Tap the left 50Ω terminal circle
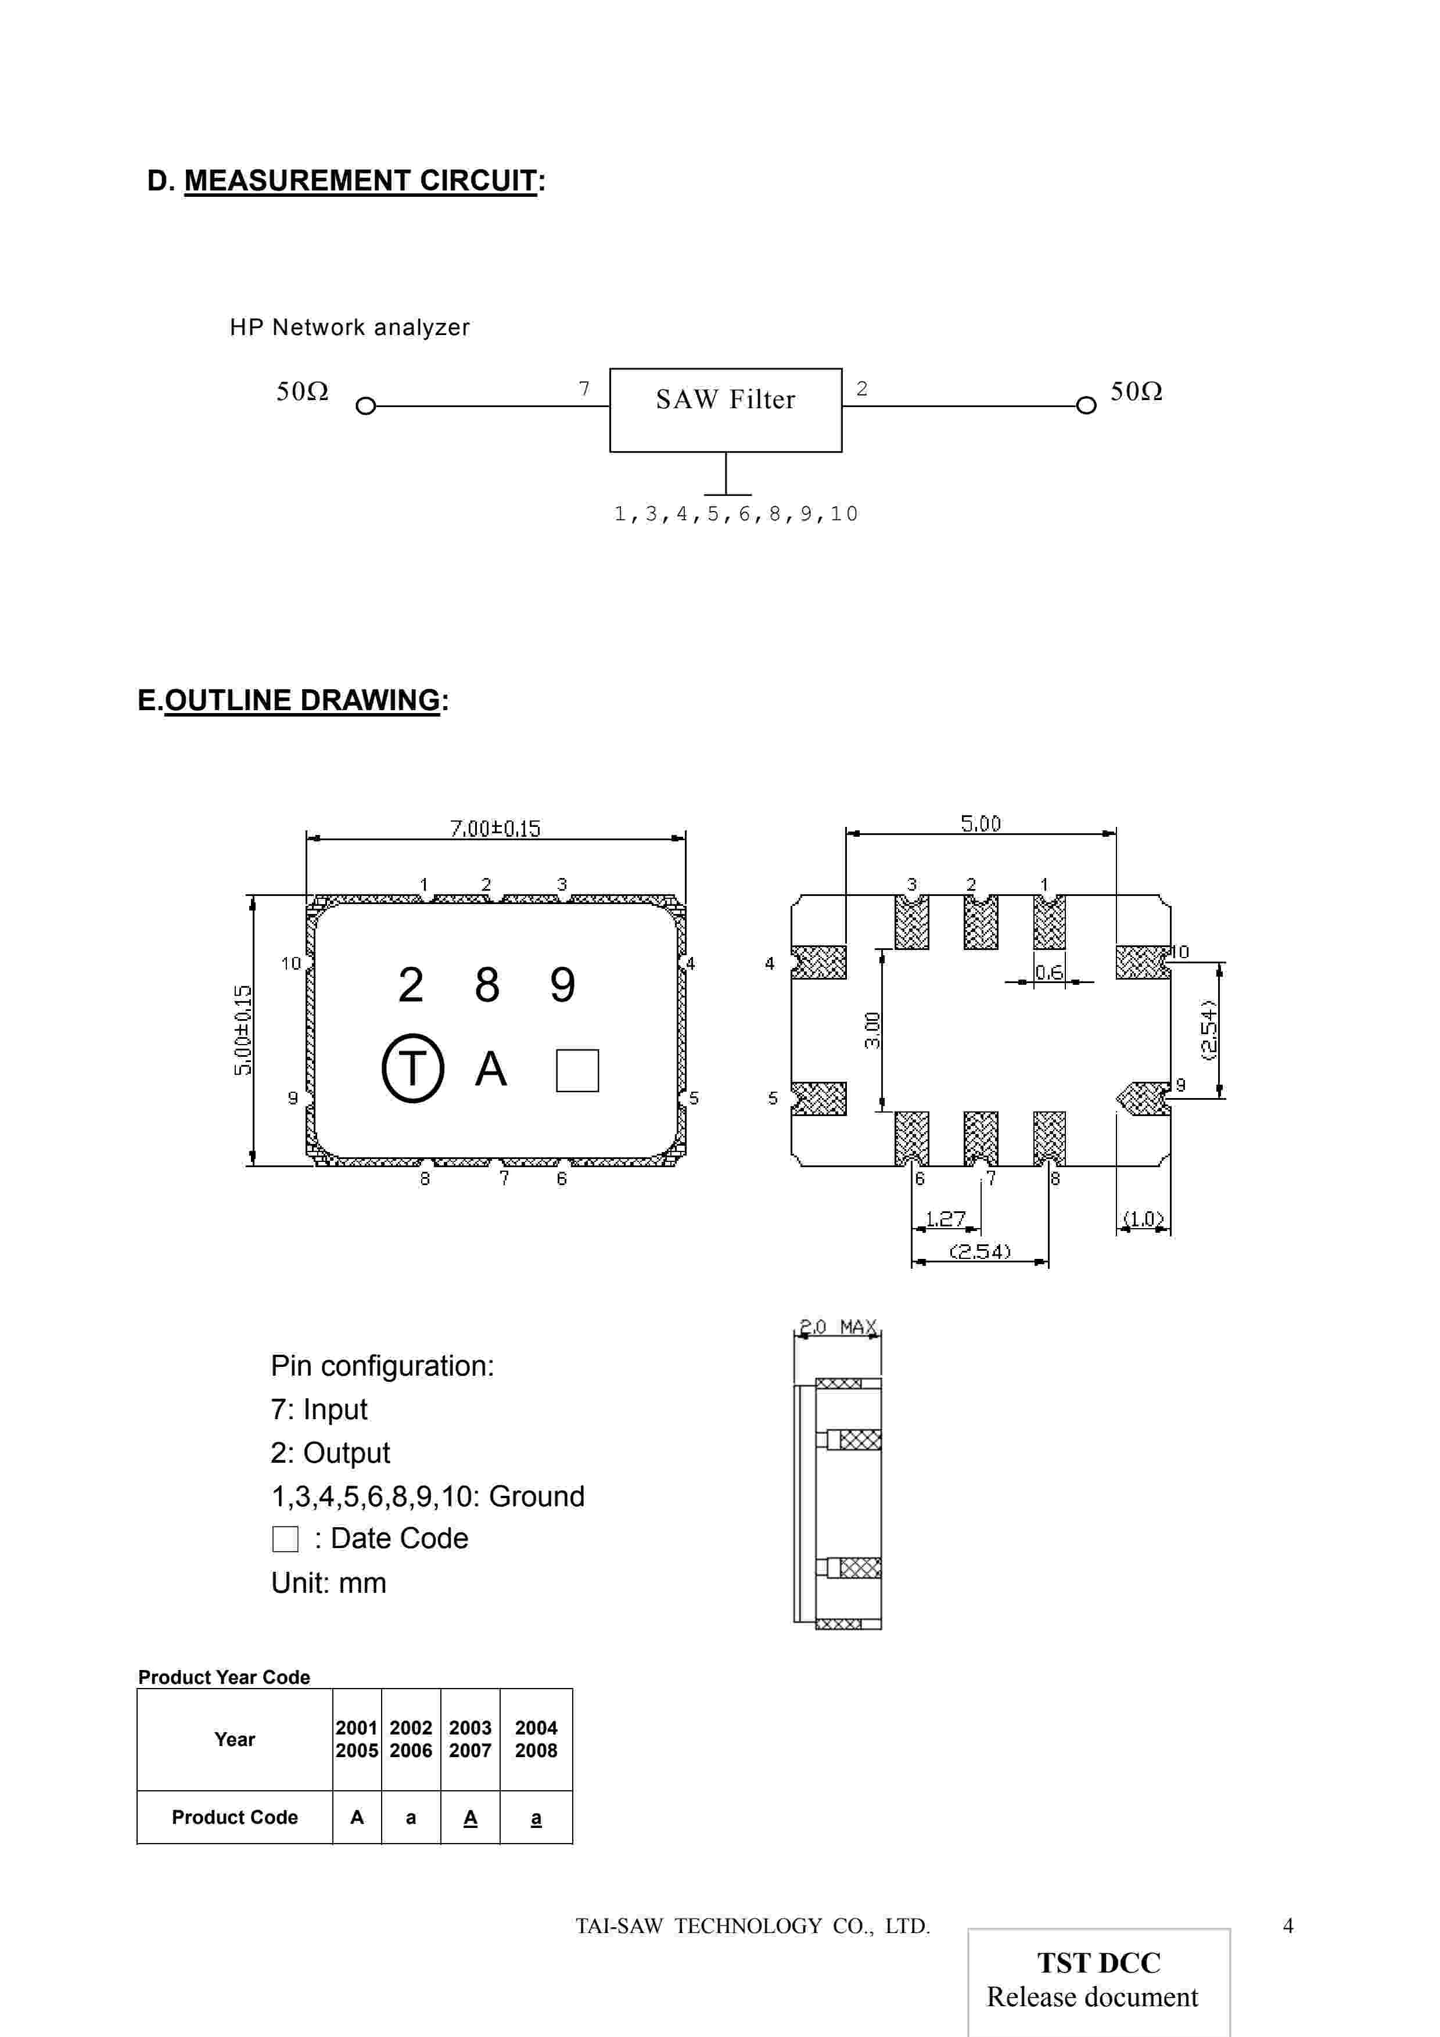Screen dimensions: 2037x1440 [365, 406]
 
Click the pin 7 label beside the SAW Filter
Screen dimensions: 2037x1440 [584, 388]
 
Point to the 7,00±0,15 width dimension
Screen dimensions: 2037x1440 [495, 828]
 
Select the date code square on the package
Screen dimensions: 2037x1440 [577, 1070]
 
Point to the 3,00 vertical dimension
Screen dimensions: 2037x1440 [872, 1030]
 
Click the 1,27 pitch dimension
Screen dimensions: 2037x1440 [945, 1218]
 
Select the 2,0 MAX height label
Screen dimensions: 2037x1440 [838, 1327]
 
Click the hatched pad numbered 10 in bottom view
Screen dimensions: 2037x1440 [1141, 962]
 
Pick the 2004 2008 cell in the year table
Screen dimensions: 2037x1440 [536, 1739]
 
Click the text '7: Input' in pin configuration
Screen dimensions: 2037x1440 [318, 1409]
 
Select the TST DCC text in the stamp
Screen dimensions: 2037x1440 [1098, 1963]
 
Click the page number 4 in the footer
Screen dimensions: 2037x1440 [1287, 1925]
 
